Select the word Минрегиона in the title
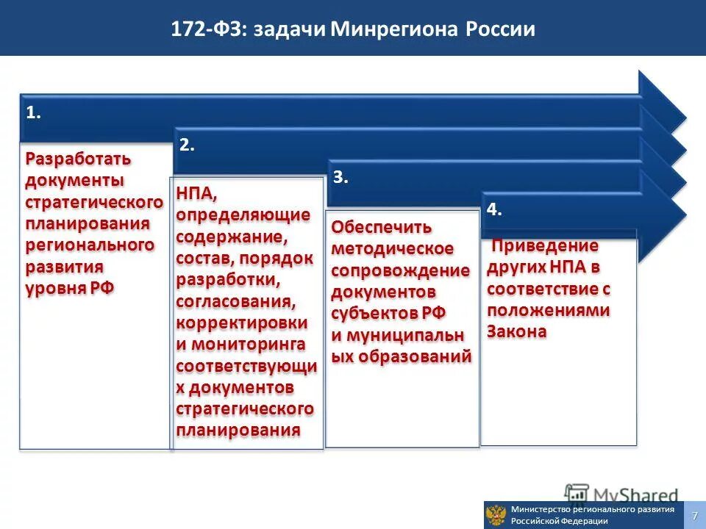394,30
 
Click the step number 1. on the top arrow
33,112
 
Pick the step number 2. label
187,145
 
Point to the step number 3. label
340,177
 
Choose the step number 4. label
494,209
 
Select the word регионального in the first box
90,244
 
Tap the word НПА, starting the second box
196,194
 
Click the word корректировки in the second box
241,323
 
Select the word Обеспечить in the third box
381,227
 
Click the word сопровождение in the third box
400,270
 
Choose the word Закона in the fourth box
516,331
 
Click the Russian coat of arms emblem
497,515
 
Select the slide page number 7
694,516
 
